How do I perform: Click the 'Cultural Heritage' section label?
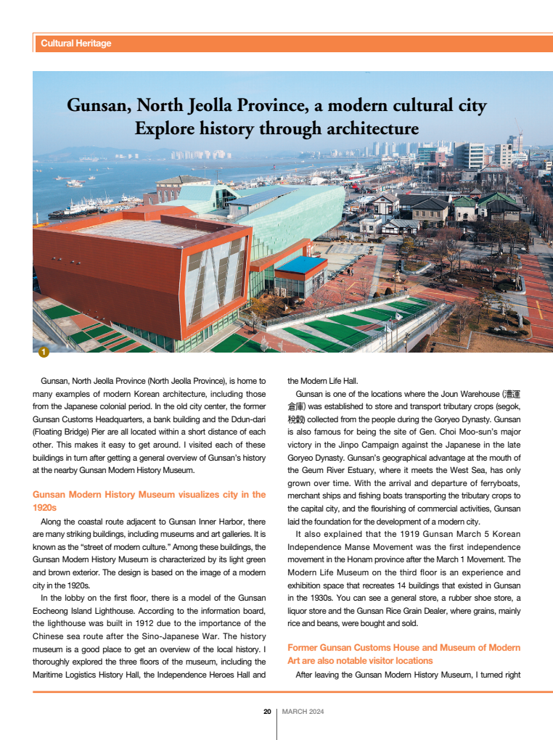pyautogui.click(x=76, y=44)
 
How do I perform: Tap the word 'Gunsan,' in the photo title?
pyautogui.click(x=98, y=106)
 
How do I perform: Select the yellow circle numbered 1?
pyautogui.click(x=43, y=352)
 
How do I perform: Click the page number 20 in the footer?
pyautogui.click(x=267, y=712)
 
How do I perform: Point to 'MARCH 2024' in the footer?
pyautogui.click(x=303, y=712)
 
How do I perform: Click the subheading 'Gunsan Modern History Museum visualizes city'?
pyautogui.click(x=149, y=495)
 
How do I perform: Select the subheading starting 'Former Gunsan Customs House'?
pyautogui.click(x=404, y=647)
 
